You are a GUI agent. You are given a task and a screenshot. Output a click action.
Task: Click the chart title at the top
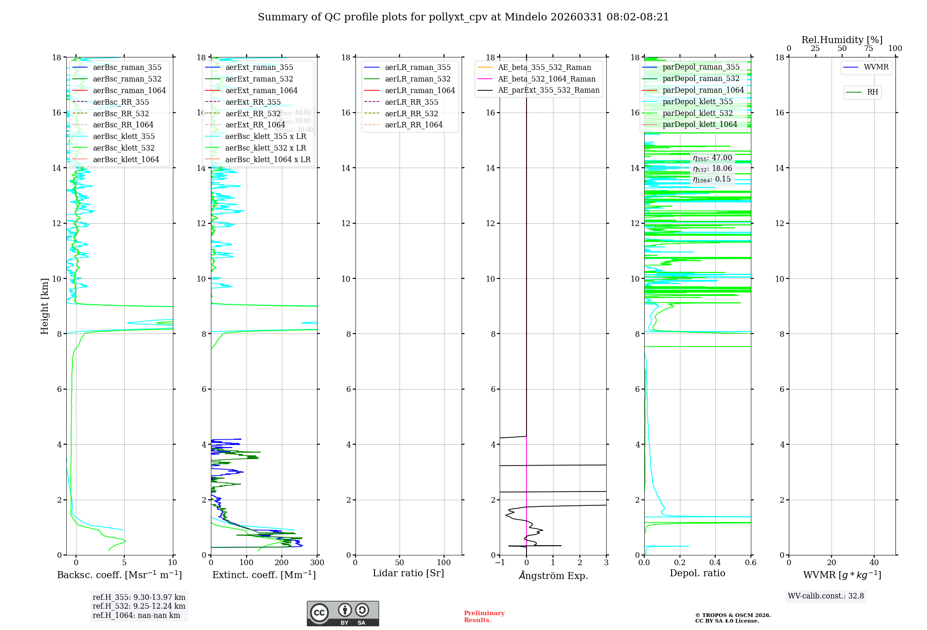click(x=463, y=17)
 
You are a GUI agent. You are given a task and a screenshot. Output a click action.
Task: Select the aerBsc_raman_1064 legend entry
click(x=129, y=90)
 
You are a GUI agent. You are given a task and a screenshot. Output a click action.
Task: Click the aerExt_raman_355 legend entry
click(x=259, y=68)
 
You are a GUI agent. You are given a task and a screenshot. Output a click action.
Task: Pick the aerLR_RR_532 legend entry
click(x=411, y=113)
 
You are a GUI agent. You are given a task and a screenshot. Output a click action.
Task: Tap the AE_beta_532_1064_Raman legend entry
click(x=546, y=79)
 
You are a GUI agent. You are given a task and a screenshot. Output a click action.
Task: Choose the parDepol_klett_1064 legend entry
click(x=699, y=124)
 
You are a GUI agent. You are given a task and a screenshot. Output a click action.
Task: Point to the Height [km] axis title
click(x=44, y=306)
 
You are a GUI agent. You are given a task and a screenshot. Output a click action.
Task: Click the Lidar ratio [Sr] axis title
click(x=408, y=573)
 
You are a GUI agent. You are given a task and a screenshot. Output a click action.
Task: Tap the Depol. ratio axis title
click(x=697, y=573)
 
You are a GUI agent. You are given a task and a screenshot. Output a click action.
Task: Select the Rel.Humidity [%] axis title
click(x=842, y=40)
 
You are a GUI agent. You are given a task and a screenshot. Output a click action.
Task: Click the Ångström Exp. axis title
click(x=553, y=575)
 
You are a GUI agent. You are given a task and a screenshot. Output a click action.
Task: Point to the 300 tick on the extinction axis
click(x=317, y=563)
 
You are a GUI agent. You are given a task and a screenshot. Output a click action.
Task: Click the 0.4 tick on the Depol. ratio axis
click(x=715, y=563)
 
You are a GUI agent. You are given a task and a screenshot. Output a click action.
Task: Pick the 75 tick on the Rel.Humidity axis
click(x=869, y=49)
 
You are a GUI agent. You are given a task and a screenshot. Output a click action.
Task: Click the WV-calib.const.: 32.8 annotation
click(x=826, y=596)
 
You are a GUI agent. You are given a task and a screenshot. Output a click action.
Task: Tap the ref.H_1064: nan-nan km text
click(x=136, y=615)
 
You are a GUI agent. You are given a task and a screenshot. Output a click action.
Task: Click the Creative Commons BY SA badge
click(x=343, y=613)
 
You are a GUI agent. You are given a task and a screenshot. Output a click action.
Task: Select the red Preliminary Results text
click(x=484, y=617)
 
